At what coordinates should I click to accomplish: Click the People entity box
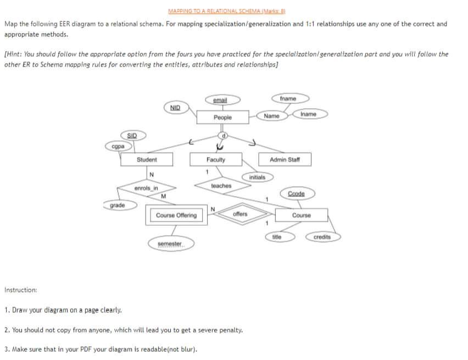[x=222, y=118]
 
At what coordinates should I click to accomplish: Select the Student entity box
[x=147, y=159]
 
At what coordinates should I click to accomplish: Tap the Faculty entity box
[x=216, y=159]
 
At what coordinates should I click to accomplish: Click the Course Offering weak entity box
[x=176, y=215]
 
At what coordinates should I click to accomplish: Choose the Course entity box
[x=301, y=215]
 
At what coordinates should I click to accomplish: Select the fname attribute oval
[x=287, y=99]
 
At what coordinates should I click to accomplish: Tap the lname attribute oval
[x=309, y=114]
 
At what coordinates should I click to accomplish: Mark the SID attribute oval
[x=132, y=135]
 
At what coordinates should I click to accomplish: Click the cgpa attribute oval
[x=117, y=146]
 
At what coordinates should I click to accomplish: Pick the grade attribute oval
[x=117, y=206]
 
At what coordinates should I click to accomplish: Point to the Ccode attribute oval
[x=296, y=193]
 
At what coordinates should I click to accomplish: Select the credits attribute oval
[x=322, y=237]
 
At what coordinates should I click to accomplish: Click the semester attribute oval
[x=169, y=243]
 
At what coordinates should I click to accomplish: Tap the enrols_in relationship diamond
[x=146, y=189]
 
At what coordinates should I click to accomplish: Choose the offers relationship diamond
[x=239, y=214]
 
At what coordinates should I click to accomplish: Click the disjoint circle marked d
[x=223, y=135]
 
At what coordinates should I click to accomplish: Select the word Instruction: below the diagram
[x=21, y=290]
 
